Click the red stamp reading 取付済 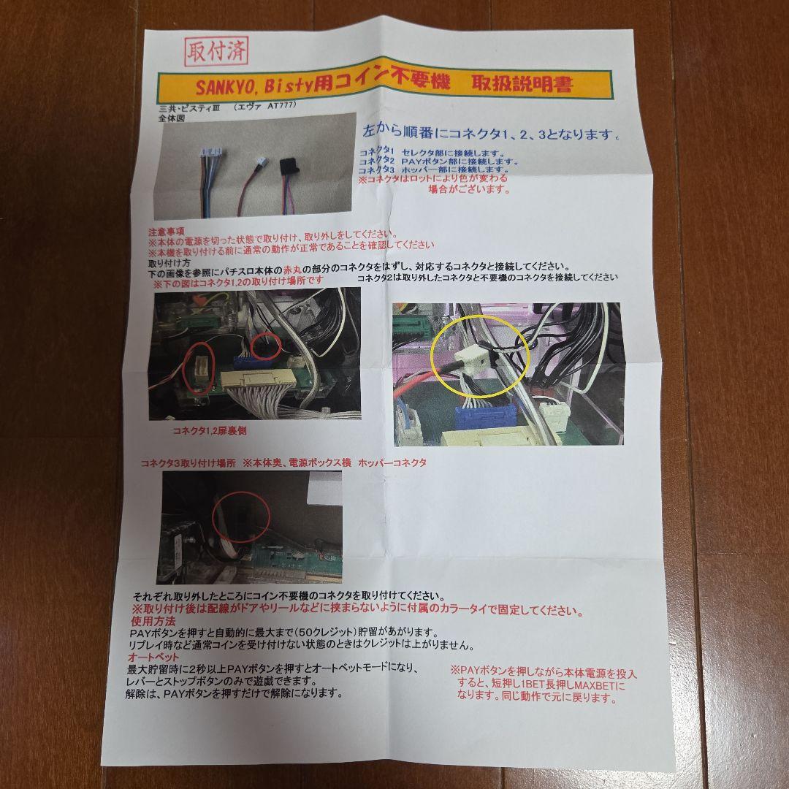[217, 51]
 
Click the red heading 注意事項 [166, 230]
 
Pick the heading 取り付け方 [169, 262]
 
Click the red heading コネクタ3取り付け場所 [189, 462]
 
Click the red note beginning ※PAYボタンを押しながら [543, 685]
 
